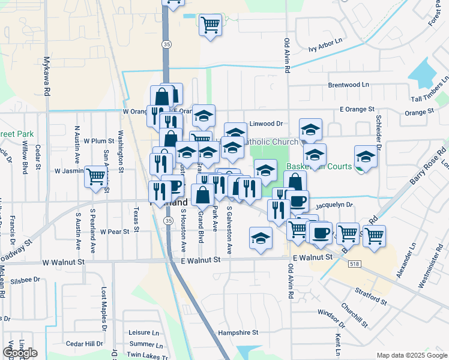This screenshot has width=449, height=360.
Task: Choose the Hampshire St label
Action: (x=238, y=332)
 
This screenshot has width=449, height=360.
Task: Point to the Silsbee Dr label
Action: (x=25, y=280)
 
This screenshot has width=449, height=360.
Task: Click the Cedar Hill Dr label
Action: (x=85, y=344)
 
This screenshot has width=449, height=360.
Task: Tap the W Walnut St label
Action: (x=64, y=262)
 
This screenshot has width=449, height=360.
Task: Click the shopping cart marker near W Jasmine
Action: (x=95, y=176)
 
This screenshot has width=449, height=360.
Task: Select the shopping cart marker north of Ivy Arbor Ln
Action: (x=210, y=25)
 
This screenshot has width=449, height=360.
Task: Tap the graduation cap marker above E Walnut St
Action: (x=261, y=239)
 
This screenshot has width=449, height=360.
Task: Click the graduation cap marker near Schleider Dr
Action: (x=364, y=157)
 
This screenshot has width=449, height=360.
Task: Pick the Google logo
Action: (x=19, y=353)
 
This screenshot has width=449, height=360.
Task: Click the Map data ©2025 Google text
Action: (x=412, y=355)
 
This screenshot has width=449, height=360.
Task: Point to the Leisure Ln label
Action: (x=145, y=332)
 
